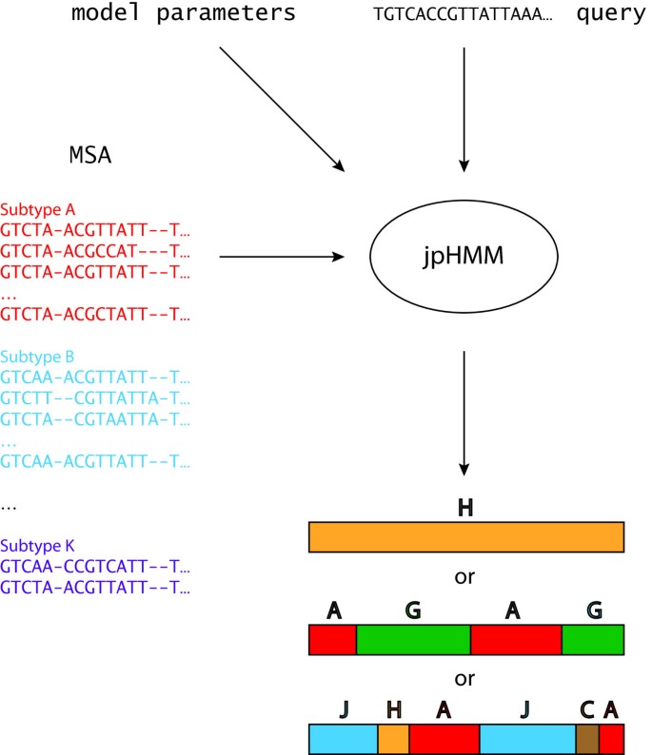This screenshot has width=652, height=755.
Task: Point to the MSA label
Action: (x=90, y=155)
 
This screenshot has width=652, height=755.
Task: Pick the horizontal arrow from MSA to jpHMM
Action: (x=281, y=257)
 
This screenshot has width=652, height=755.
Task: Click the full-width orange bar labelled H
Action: (x=465, y=537)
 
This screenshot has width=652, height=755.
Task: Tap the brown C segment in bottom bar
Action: (x=587, y=739)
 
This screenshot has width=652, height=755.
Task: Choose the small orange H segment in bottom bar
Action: (x=393, y=739)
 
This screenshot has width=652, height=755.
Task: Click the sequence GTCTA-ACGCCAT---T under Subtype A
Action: (x=95, y=252)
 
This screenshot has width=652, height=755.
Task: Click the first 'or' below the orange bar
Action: (x=465, y=577)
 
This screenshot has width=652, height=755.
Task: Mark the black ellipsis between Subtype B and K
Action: (x=9, y=507)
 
